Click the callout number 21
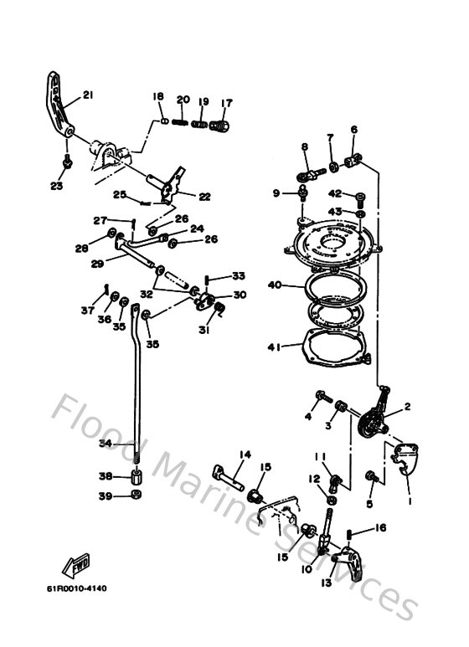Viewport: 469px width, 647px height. coord(88,95)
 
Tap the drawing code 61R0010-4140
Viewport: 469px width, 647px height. coord(77,588)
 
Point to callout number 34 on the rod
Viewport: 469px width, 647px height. coord(105,443)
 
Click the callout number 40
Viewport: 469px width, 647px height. coord(274,285)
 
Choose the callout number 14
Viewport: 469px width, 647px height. coord(245,454)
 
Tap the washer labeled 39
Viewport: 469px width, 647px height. coord(134,497)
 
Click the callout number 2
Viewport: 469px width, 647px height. coord(407,408)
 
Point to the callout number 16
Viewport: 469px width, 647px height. coord(380,528)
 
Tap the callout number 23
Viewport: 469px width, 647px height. coord(56,186)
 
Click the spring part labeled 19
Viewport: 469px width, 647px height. coord(199,125)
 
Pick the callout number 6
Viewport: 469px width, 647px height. coord(353,130)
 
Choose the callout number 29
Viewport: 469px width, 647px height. coord(97,263)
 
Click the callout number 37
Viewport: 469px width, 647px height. coord(87,311)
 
